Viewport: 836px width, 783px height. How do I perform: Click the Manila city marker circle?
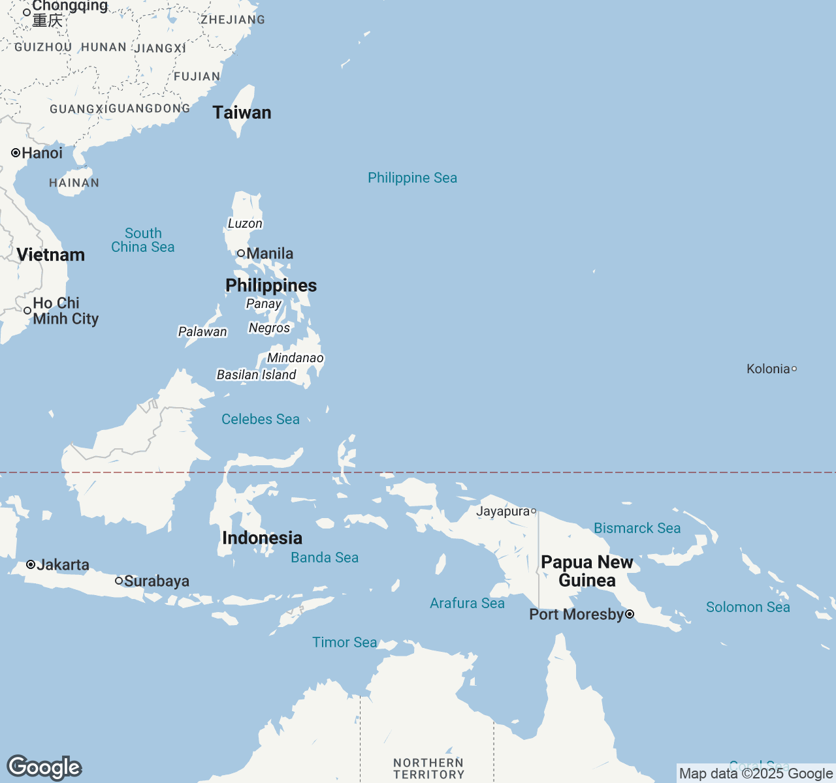click(241, 253)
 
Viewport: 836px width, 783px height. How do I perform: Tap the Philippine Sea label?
click(412, 177)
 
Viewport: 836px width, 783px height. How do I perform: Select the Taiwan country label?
click(242, 112)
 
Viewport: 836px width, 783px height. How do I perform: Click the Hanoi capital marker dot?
click(16, 153)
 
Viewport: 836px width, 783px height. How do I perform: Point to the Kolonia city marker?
click(794, 369)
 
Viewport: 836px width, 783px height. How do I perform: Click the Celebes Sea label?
click(260, 419)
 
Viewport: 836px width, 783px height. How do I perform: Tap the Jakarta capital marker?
click(31, 564)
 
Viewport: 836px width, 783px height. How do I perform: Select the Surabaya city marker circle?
click(119, 581)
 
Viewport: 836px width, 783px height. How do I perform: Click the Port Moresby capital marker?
click(630, 614)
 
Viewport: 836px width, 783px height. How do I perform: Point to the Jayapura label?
click(502, 511)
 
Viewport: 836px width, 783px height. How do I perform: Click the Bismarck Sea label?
click(637, 528)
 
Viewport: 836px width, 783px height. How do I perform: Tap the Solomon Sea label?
click(748, 607)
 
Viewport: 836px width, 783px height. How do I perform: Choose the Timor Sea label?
click(344, 642)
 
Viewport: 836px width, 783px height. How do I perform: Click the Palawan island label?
click(202, 331)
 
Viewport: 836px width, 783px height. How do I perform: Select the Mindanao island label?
click(295, 358)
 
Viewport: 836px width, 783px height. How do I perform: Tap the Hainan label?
click(74, 183)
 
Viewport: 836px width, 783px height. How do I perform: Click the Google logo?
click(44, 767)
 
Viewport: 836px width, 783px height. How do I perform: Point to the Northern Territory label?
click(428, 768)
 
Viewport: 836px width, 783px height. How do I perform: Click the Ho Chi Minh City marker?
click(27, 311)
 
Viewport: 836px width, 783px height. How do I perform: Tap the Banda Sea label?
click(325, 557)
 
